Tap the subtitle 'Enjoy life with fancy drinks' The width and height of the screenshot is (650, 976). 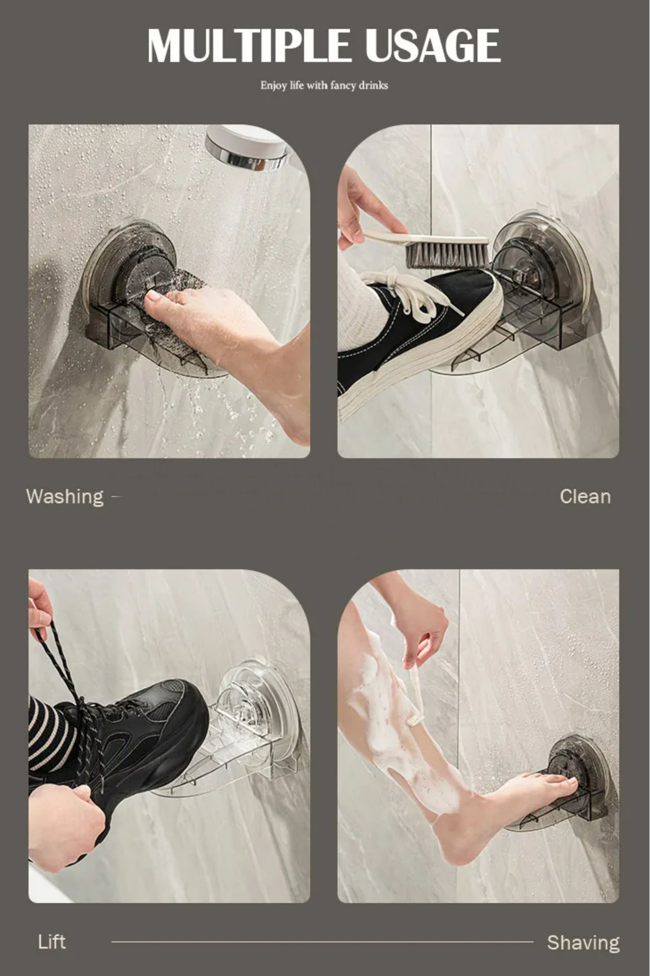pyautogui.click(x=324, y=86)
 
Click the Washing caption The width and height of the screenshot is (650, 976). pyautogui.click(x=65, y=497)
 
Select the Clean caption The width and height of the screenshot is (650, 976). pyautogui.click(x=585, y=497)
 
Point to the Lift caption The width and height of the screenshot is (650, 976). pyautogui.click(x=52, y=942)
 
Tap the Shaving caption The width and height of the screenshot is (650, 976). pyautogui.click(x=583, y=942)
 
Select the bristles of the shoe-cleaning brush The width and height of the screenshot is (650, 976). pyautogui.click(x=447, y=256)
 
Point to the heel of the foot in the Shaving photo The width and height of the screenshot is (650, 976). pyautogui.click(x=459, y=846)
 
